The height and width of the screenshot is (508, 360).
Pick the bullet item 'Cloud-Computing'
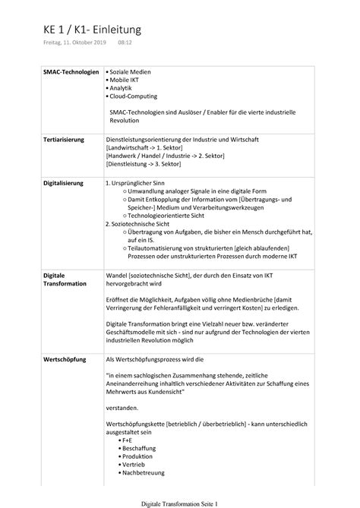tap(138, 97)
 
